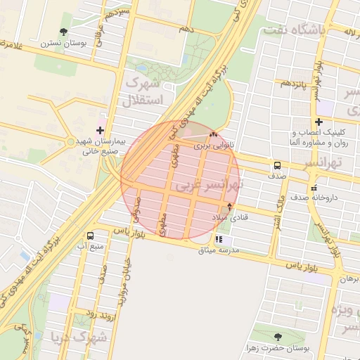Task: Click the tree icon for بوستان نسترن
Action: [65, 32]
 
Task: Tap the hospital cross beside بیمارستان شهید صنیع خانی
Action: [100, 130]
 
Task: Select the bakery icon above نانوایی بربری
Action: [214, 135]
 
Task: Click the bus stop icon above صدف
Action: [277, 166]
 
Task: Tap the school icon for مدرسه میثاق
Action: [229, 240]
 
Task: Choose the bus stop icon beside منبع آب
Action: [90, 236]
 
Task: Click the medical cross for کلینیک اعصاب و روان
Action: [318, 122]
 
